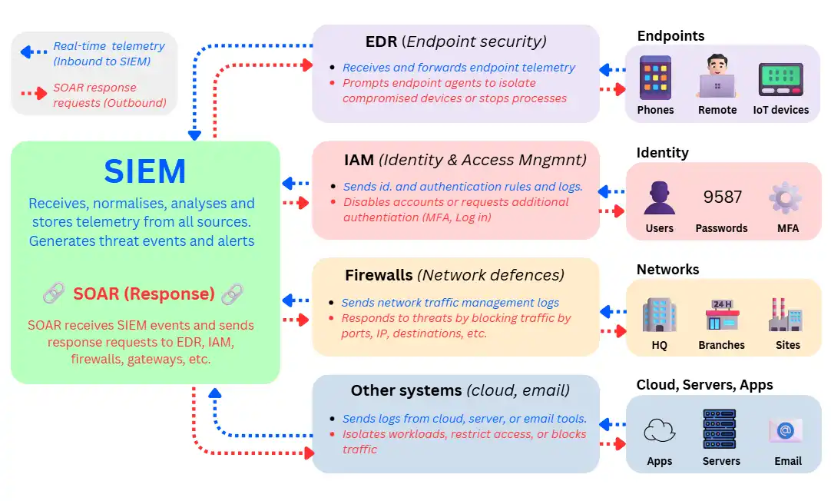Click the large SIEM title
tap(145, 171)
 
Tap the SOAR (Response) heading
tap(144, 294)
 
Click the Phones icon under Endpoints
tap(655, 78)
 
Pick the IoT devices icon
tap(780, 78)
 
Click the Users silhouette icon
tap(659, 197)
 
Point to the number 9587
tap(722, 197)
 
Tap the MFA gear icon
tap(786, 198)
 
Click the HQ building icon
tap(659, 316)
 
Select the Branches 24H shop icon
tap(721, 315)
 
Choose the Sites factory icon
tap(786, 315)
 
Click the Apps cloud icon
tap(659, 430)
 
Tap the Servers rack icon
tap(720, 429)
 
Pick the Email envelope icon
tap(786, 430)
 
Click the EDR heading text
tap(381, 41)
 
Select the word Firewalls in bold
tap(379, 274)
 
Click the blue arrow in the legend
tap(33, 52)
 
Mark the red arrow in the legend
tap(33, 94)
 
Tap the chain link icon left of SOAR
tap(53, 293)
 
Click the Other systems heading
tap(406, 390)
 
